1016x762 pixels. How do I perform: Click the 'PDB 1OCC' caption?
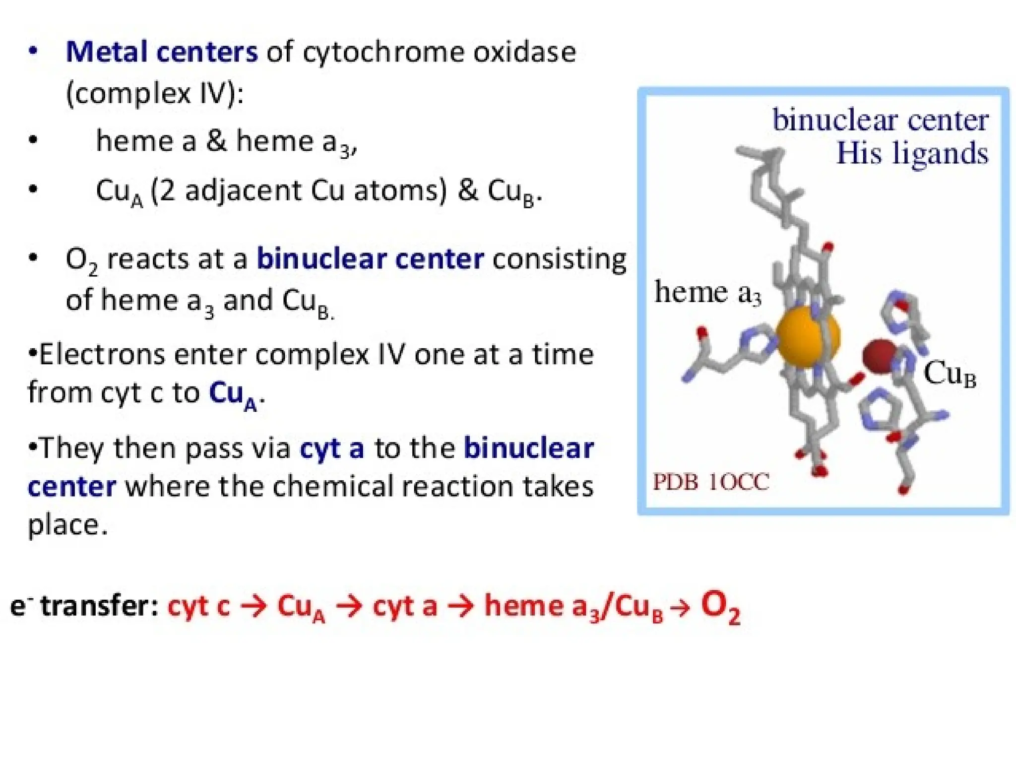(710, 482)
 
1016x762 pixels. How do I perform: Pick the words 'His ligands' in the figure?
(912, 153)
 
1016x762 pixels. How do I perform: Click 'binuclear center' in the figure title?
(881, 120)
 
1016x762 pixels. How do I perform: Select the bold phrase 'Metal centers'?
(162, 52)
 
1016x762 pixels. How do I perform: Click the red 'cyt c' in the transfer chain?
(198, 606)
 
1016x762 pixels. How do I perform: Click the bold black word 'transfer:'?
(99, 606)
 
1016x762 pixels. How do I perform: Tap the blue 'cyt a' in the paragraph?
(331, 448)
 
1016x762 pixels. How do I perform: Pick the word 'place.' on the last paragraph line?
(67, 525)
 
